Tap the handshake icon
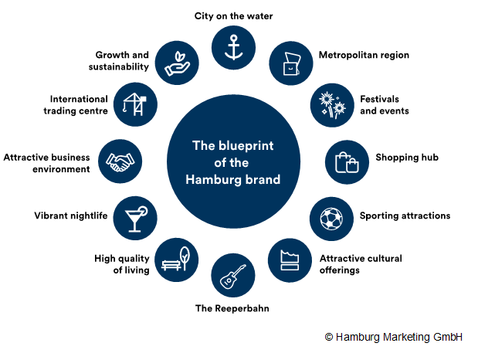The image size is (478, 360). (x=120, y=161)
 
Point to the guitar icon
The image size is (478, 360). (x=233, y=277)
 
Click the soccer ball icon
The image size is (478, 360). (x=331, y=219)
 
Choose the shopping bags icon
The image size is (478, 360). (x=347, y=162)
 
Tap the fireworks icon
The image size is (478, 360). (x=332, y=105)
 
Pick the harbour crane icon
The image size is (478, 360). (x=135, y=104)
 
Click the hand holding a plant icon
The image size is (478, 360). (x=177, y=63)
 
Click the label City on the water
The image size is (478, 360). (x=233, y=16)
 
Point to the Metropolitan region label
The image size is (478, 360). (x=364, y=55)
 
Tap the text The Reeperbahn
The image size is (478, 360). (x=232, y=308)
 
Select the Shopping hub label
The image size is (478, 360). (x=407, y=158)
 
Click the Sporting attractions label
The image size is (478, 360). (x=405, y=216)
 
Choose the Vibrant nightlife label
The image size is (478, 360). (x=71, y=216)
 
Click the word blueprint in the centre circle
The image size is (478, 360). (x=246, y=146)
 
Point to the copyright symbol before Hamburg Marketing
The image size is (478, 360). (x=329, y=337)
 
